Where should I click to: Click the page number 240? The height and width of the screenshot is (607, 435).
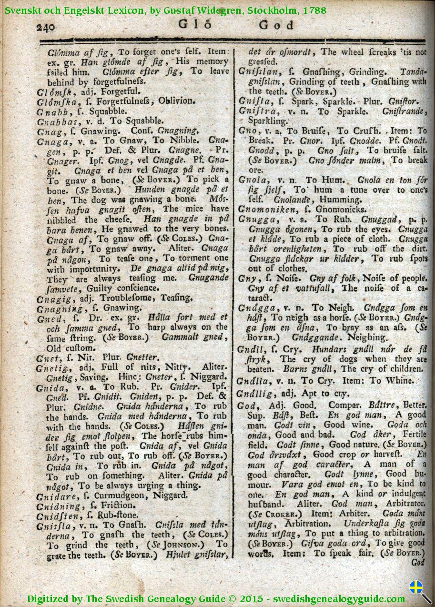coord(46,27)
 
